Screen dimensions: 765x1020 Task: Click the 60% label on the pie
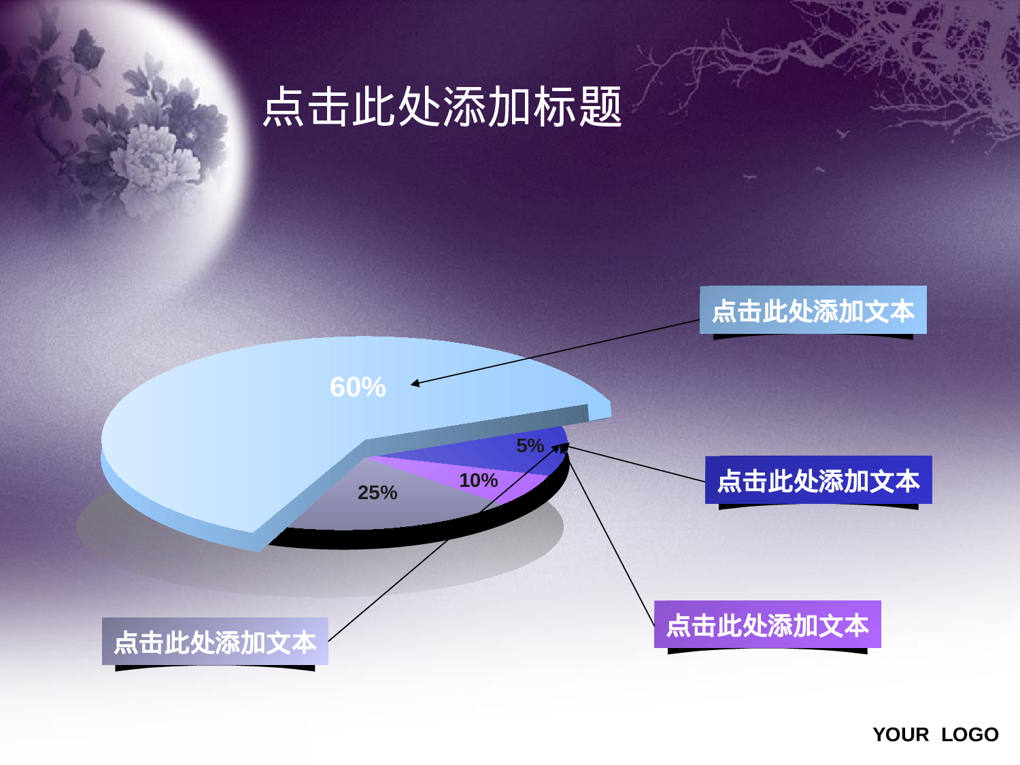click(x=358, y=387)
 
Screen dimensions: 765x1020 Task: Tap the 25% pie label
click(x=377, y=492)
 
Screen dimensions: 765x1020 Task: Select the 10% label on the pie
click(x=478, y=480)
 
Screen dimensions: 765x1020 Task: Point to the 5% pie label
click(x=530, y=445)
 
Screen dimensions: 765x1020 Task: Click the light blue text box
click(x=813, y=310)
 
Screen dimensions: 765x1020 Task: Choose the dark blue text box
click(x=818, y=480)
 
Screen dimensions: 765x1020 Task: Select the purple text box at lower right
click(x=767, y=624)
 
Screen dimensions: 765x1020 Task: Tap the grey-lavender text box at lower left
click(x=215, y=641)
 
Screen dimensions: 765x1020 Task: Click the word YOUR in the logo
click(x=900, y=734)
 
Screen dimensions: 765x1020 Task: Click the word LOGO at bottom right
click(x=970, y=734)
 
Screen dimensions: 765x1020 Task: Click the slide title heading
click(x=442, y=107)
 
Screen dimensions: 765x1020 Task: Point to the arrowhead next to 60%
click(x=414, y=384)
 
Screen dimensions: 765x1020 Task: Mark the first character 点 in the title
click(x=284, y=107)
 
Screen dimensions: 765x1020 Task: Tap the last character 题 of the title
click(x=600, y=107)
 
